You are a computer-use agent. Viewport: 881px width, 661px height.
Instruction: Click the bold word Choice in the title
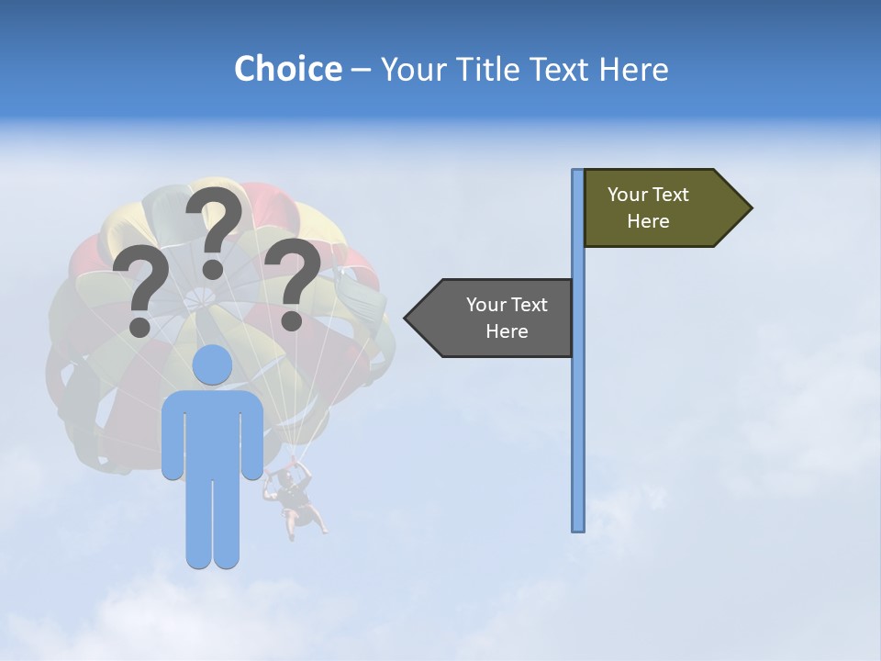(x=287, y=69)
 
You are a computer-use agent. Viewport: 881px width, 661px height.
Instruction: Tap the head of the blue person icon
(x=213, y=365)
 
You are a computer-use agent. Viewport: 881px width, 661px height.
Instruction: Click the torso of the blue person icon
(x=213, y=431)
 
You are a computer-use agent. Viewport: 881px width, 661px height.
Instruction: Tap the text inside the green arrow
(x=648, y=208)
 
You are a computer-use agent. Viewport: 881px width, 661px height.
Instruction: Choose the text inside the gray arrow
(x=507, y=319)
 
